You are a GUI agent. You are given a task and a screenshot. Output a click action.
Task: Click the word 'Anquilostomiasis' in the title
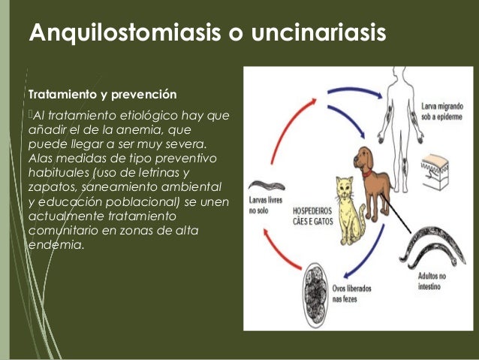point(109,34)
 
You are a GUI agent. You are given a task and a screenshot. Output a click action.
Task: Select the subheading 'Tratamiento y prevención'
point(102,95)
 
